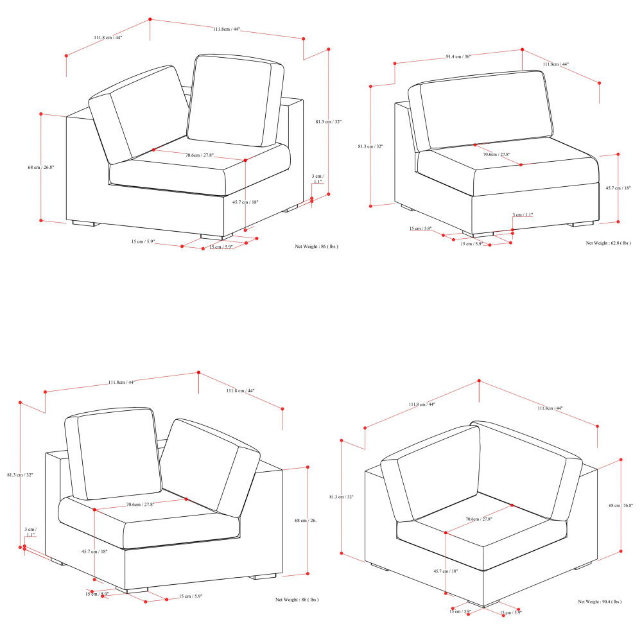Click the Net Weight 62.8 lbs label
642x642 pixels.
(x=608, y=243)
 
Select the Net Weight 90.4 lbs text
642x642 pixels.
(x=600, y=602)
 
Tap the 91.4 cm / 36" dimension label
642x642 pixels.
(x=458, y=57)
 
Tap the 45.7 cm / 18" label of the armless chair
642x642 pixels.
(x=618, y=187)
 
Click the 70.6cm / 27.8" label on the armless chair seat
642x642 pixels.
(x=496, y=155)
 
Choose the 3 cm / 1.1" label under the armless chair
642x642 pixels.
(x=523, y=215)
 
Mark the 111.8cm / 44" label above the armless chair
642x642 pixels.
(x=555, y=64)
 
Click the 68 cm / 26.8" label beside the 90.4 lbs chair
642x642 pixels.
(x=621, y=505)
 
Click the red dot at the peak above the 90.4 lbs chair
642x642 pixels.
(x=479, y=381)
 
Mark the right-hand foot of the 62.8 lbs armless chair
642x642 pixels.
(x=582, y=224)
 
